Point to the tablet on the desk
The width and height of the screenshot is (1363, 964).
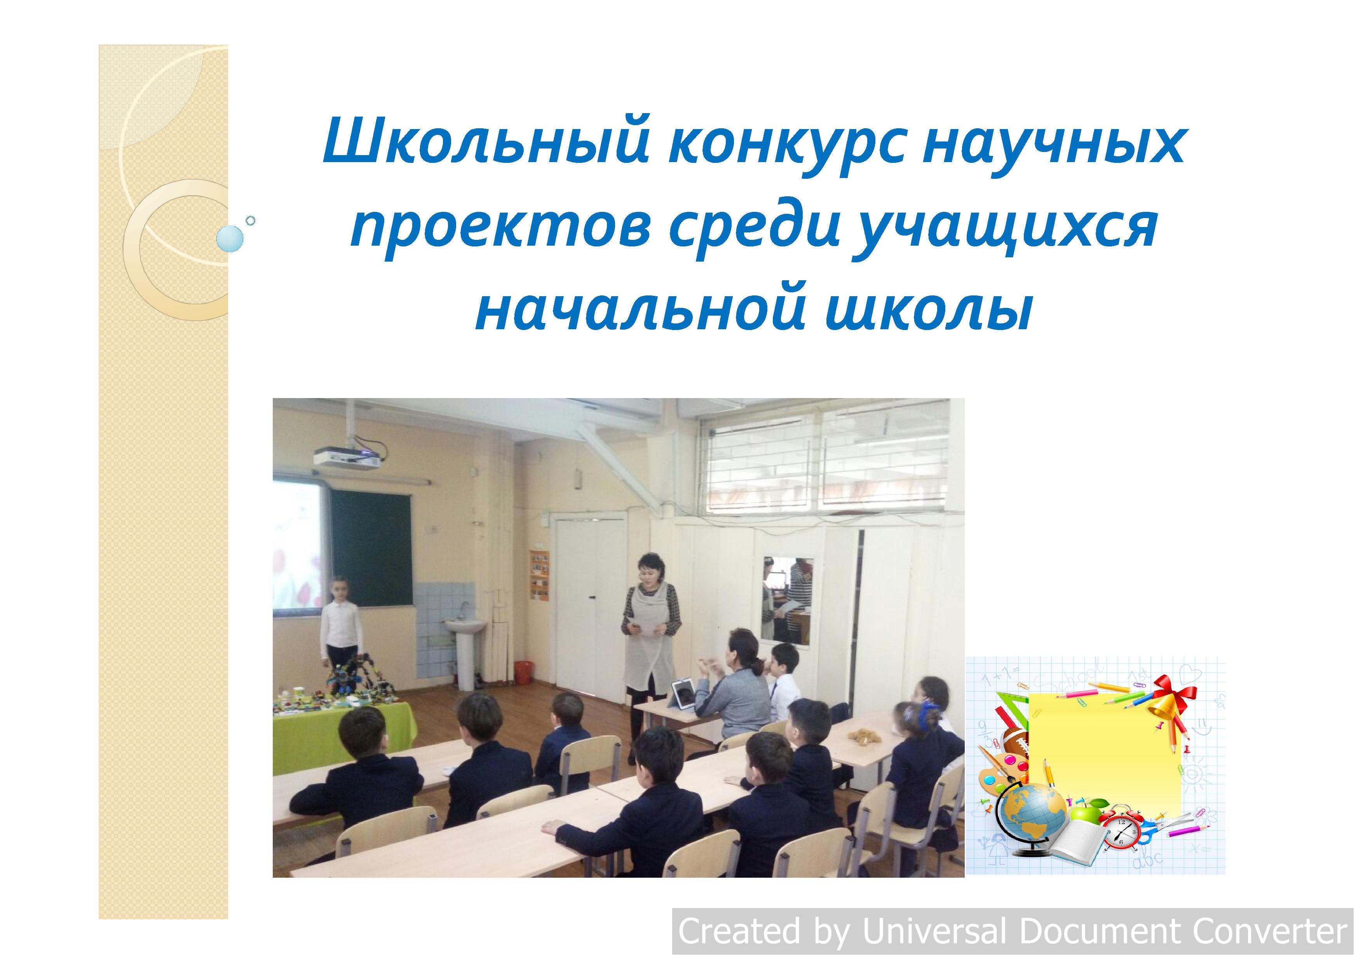pos(683,695)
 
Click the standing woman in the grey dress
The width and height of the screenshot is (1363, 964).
pos(649,648)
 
